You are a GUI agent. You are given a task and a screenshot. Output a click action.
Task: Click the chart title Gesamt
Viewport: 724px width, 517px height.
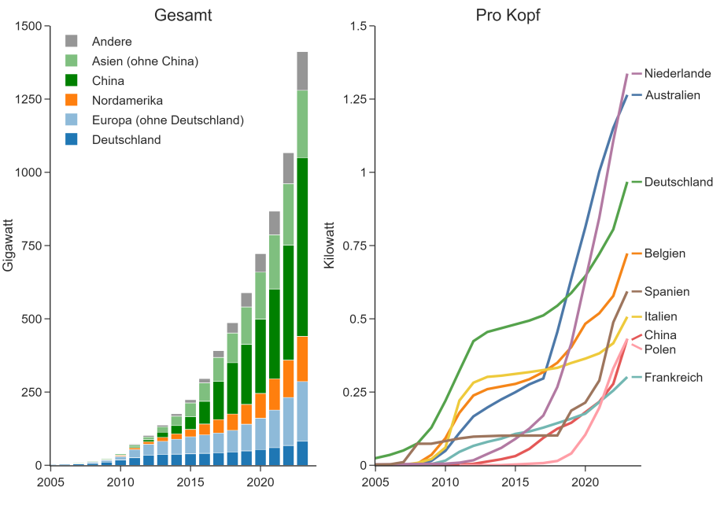(x=183, y=15)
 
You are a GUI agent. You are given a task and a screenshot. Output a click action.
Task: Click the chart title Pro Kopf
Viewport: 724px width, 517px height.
(x=508, y=15)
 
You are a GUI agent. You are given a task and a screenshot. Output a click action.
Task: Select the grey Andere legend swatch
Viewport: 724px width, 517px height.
(x=72, y=41)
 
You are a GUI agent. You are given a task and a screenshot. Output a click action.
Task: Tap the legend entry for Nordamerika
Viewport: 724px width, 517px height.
(x=127, y=100)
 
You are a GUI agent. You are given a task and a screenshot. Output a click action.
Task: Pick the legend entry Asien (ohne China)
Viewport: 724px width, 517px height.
(x=144, y=61)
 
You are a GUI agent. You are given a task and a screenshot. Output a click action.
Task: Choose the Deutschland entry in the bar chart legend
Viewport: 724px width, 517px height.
(x=126, y=139)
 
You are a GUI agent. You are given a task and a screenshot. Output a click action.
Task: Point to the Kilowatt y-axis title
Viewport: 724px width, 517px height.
(x=330, y=245)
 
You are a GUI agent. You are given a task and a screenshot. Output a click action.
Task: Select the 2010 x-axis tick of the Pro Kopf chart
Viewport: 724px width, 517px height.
(x=445, y=482)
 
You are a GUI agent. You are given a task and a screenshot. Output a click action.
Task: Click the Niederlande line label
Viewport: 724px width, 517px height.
(x=678, y=74)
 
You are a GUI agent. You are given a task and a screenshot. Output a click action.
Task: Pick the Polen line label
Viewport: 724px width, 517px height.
(x=659, y=349)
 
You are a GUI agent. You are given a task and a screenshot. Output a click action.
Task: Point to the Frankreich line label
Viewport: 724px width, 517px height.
(x=673, y=378)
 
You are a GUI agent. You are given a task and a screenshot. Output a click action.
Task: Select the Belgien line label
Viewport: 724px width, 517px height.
(x=664, y=253)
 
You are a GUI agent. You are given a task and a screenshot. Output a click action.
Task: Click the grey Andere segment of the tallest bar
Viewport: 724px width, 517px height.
(x=302, y=71)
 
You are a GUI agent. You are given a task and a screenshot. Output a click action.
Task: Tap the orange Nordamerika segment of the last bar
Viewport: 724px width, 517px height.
(x=302, y=359)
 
